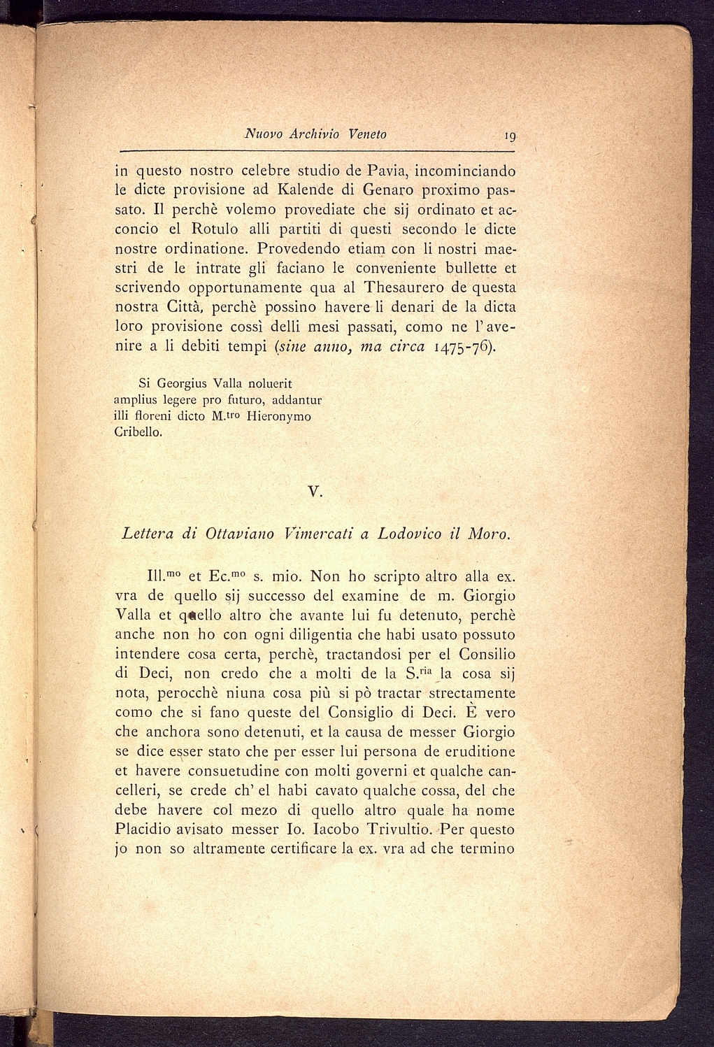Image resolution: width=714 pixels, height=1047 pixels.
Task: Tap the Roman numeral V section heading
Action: point(315,492)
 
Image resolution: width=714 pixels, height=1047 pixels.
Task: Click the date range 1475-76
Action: point(462,346)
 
